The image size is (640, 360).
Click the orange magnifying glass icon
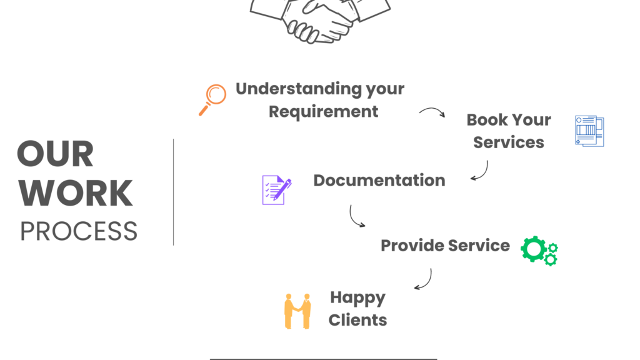(x=213, y=99)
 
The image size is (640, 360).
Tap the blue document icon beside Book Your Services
(x=589, y=131)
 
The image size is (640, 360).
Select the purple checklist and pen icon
(x=276, y=189)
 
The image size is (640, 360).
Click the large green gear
(x=533, y=248)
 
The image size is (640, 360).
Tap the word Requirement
(x=323, y=112)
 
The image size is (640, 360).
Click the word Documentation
(x=379, y=181)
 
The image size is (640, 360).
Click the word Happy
(x=357, y=297)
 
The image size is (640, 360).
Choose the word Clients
(x=357, y=320)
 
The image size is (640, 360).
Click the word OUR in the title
(x=55, y=154)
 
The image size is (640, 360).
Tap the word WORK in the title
(x=75, y=194)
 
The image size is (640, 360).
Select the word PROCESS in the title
(x=79, y=231)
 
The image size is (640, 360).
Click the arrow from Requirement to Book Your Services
(x=432, y=112)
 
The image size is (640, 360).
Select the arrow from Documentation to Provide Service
(x=356, y=216)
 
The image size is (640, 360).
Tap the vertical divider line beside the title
(x=173, y=191)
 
